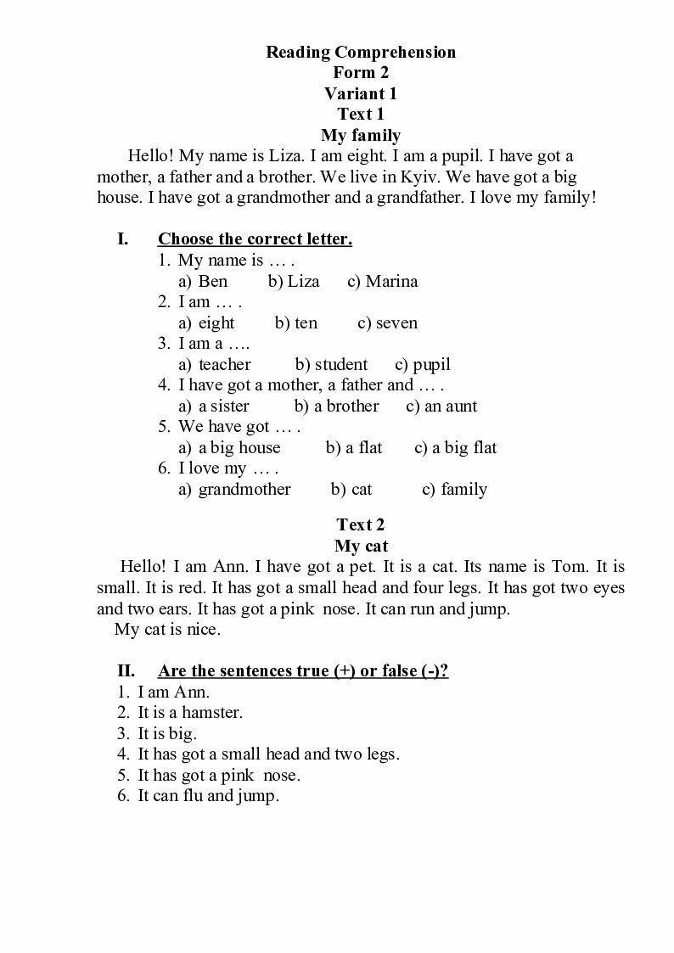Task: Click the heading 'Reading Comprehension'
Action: tap(361, 53)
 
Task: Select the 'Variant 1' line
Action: tap(361, 93)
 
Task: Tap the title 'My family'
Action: tap(361, 135)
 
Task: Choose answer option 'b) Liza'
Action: tap(294, 281)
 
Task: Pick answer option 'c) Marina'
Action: tap(382, 281)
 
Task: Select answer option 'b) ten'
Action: tap(295, 322)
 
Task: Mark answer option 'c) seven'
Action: tap(387, 322)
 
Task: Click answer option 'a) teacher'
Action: tap(215, 364)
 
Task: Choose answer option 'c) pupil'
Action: tap(423, 364)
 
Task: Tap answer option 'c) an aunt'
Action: tap(441, 406)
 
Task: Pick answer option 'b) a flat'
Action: tap(354, 447)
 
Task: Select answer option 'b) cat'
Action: tap(351, 489)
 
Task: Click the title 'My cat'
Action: tap(361, 546)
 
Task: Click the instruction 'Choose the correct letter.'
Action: tap(255, 239)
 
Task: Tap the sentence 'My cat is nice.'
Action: tap(167, 630)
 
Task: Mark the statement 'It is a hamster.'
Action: tap(189, 712)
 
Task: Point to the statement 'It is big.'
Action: tap(166, 733)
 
